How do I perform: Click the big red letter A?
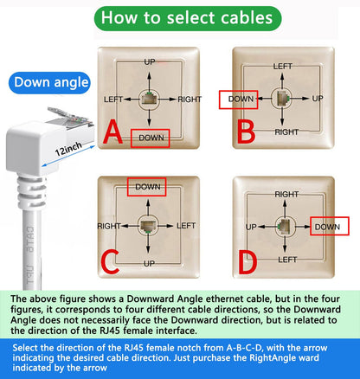[x=112, y=133]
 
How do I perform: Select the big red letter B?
[x=245, y=132]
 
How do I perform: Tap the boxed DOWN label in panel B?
[x=240, y=99]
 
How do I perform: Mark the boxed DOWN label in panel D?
[x=327, y=226]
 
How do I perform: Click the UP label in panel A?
[x=150, y=62]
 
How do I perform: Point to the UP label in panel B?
[x=317, y=99]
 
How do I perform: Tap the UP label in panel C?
[x=149, y=262]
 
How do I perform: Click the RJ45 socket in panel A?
[x=150, y=99]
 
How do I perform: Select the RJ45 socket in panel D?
[x=283, y=226]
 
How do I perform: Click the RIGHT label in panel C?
[x=109, y=225]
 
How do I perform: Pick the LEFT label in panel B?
[x=283, y=66]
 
